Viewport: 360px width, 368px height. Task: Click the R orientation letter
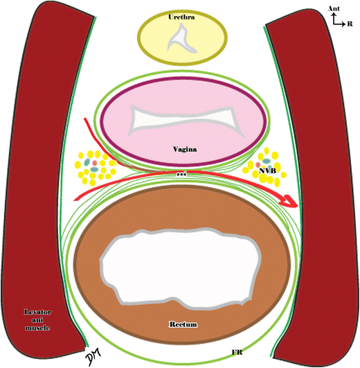349,23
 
